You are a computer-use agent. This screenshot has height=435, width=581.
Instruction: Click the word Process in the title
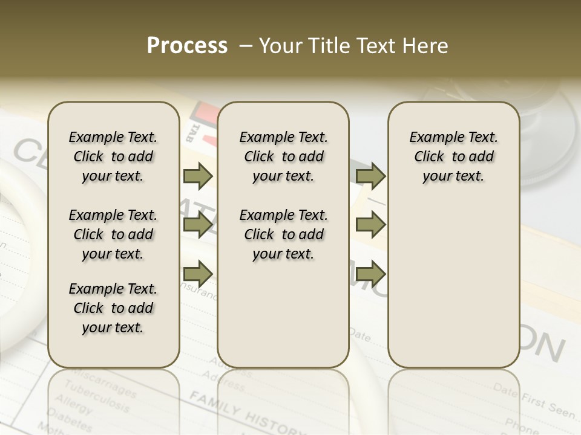(187, 46)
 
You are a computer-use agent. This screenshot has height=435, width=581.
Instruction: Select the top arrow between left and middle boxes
(198, 176)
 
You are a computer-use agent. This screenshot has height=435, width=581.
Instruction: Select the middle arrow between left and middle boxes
(198, 225)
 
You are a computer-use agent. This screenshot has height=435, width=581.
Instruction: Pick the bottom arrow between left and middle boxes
(198, 274)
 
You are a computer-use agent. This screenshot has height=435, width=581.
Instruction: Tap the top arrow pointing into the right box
(370, 176)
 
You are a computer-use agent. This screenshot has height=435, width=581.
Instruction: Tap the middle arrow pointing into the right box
(370, 225)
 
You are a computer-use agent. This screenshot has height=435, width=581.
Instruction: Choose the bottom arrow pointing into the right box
(370, 274)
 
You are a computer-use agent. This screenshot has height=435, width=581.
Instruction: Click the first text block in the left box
(113, 156)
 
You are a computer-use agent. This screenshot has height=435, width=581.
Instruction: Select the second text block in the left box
(113, 234)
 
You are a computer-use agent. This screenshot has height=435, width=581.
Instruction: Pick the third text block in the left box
(113, 308)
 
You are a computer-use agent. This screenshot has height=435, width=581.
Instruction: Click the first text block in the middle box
(283, 156)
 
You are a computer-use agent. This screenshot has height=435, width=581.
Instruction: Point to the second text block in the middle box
(283, 234)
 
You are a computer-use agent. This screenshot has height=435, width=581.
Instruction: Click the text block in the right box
(454, 156)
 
